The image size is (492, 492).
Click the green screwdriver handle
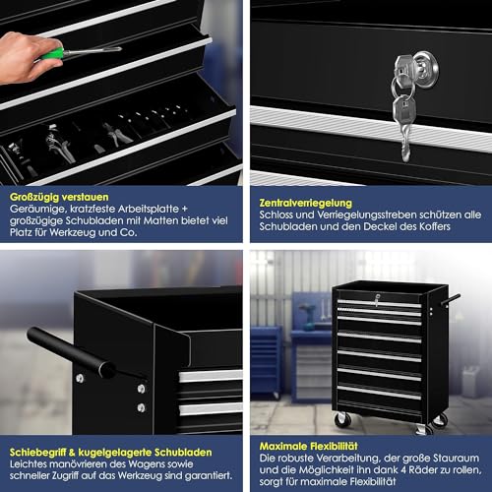click(x=52, y=53)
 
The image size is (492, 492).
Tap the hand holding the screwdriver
click(x=28, y=57)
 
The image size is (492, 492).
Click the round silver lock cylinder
click(x=425, y=69)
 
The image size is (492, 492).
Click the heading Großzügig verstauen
click(x=59, y=197)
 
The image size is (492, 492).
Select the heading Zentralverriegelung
click(x=305, y=203)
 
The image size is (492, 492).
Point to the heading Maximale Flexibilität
click(x=308, y=446)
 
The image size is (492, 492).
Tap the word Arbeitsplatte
click(x=149, y=209)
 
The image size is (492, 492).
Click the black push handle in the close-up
click(x=71, y=352)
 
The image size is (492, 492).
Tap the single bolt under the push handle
click(x=80, y=379)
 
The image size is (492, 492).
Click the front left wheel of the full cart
click(x=342, y=419)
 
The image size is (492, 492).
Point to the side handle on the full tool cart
click(x=452, y=300)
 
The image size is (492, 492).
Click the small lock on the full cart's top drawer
click(x=377, y=299)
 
